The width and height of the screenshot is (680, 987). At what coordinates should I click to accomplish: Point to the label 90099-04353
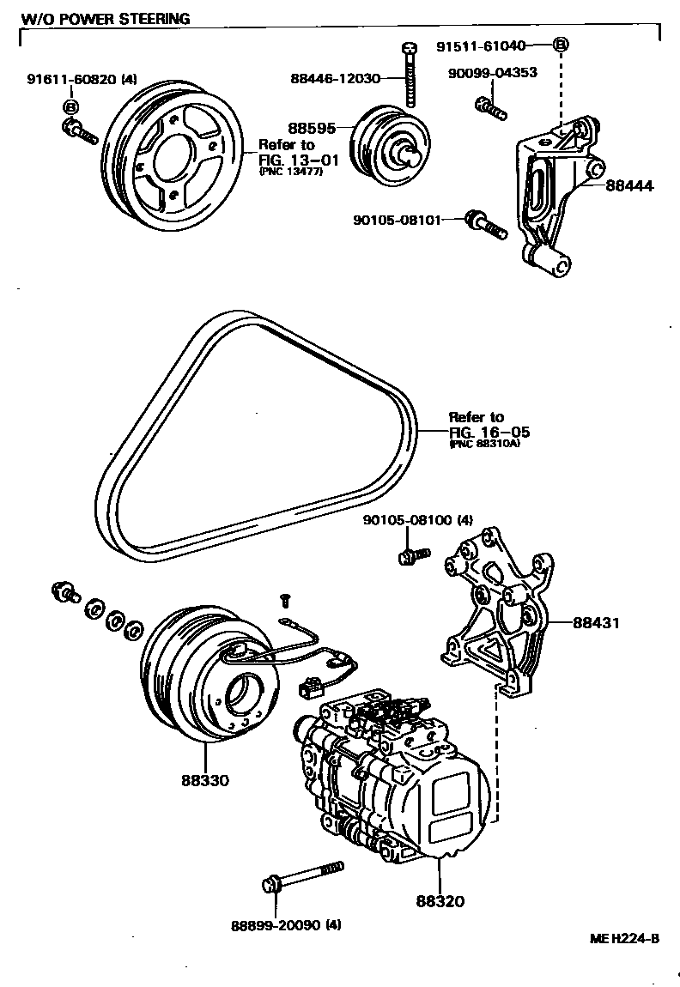[x=492, y=73]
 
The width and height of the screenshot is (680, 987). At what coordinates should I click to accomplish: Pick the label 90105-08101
[x=397, y=220]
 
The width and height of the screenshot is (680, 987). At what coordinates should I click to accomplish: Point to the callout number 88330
[x=205, y=780]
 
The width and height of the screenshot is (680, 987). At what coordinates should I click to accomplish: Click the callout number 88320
[x=440, y=901]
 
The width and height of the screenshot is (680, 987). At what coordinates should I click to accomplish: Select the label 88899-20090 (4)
[x=286, y=925]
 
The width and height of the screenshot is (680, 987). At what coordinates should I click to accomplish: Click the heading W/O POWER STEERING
[x=106, y=18]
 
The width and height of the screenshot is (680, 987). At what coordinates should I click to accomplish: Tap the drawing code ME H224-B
[x=623, y=937]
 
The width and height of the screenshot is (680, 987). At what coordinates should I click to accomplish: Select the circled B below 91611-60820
[x=70, y=106]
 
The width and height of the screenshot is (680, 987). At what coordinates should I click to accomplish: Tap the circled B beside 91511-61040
[x=560, y=45]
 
